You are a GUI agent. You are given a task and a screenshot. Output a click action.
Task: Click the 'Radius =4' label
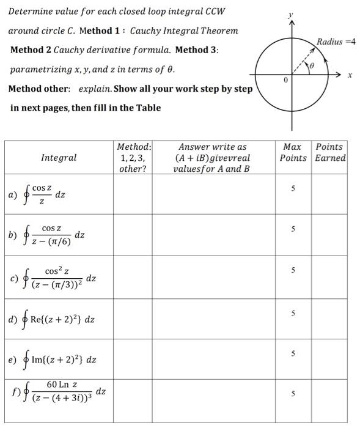[336, 42]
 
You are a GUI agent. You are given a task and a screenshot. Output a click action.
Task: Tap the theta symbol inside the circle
[312, 64]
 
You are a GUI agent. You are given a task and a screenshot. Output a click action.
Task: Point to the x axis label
[350, 76]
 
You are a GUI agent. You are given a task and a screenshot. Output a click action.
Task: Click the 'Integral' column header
[59, 158]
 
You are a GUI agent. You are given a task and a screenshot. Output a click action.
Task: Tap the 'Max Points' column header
[293, 152]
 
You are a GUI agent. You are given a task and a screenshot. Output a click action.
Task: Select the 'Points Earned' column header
[330, 152]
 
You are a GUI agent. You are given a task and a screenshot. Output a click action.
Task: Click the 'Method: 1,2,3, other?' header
[133, 158]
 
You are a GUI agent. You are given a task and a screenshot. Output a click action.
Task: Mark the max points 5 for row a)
[293, 189]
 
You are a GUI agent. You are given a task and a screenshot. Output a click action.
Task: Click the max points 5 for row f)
[293, 394]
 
